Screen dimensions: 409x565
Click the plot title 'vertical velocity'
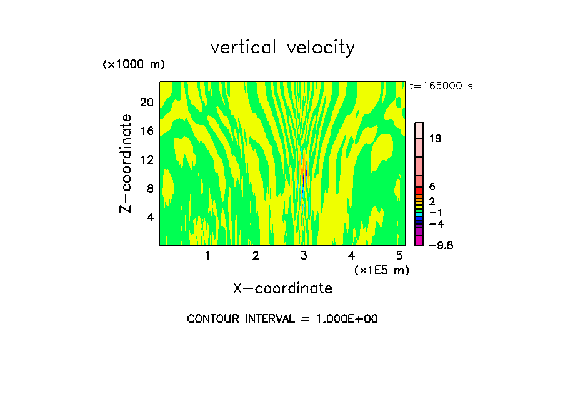pos(282,48)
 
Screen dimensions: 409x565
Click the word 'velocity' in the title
pos(322,48)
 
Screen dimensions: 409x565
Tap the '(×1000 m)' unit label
pos(134,65)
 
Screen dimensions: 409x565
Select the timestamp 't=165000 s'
pos(441,86)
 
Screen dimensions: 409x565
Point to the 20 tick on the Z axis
pos(146,102)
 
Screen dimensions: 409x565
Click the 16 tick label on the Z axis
pos(146,131)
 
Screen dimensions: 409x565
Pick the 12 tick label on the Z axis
pos(146,159)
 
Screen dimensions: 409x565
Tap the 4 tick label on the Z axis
pos(149,217)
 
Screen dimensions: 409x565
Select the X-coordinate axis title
pos(282,288)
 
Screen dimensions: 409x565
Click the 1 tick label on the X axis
pos(207,256)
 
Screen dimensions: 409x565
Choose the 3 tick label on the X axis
pos(304,256)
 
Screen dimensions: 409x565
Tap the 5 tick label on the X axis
pos(399,256)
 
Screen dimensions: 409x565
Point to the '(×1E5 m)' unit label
pos(382,270)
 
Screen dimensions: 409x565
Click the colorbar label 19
pos(435,139)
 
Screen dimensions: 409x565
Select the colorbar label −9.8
pos(440,245)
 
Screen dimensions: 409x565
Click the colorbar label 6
pos(432,187)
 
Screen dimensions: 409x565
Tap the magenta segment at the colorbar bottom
pos(419,240)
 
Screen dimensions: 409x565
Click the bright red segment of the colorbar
pos(419,190)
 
